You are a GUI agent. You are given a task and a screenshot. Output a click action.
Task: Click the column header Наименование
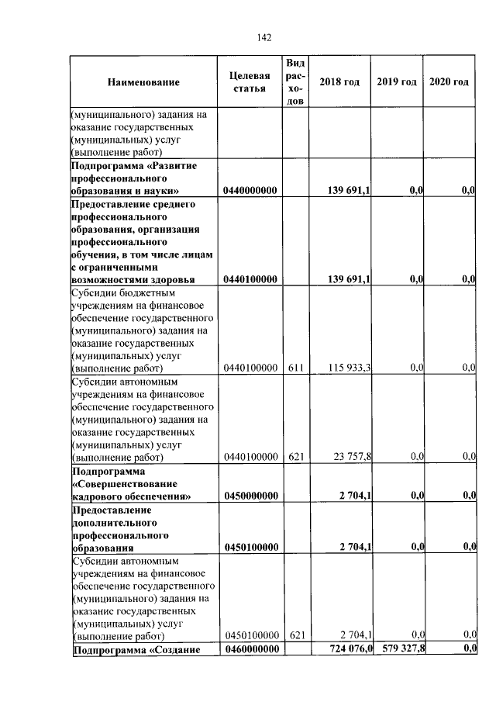(143, 82)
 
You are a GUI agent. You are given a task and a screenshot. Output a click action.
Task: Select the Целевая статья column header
(250, 82)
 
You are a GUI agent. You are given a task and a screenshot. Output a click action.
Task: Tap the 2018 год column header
(339, 82)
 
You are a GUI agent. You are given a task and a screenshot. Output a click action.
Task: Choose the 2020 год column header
(449, 82)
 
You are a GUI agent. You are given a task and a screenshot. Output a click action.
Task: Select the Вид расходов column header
(294, 82)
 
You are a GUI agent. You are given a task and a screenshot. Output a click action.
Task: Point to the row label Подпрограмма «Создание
(136, 649)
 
